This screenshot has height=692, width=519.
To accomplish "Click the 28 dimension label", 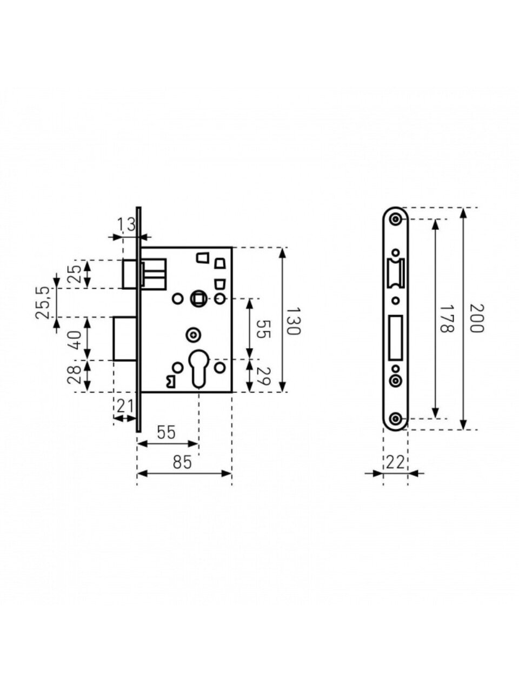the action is pos(75,375).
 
